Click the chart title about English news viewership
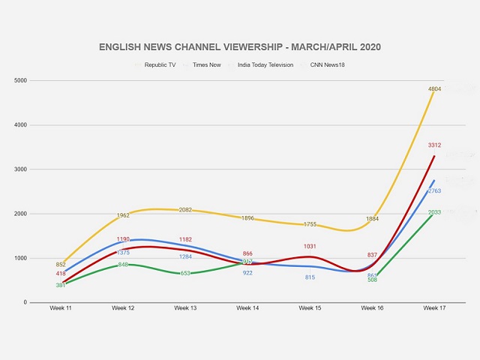(240, 46)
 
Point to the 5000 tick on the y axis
(20, 80)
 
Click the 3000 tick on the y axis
(20, 169)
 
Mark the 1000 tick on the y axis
(20, 258)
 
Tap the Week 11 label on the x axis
(61, 308)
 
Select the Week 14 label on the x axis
(247, 308)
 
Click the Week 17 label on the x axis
(434, 308)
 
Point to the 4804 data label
(434, 89)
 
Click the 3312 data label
(434, 145)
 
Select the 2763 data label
(434, 191)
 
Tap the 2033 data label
(434, 212)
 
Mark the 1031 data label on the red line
(310, 246)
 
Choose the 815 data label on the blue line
(310, 277)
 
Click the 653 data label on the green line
(185, 273)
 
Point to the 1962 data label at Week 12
(123, 216)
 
